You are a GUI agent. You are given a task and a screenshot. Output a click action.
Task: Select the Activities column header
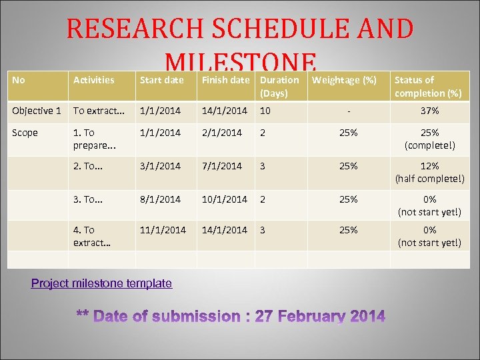pyautogui.click(x=93, y=80)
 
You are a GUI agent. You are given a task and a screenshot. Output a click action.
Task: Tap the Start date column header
pyautogui.click(x=161, y=80)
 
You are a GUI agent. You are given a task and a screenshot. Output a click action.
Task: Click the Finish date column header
pyautogui.click(x=225, y=80)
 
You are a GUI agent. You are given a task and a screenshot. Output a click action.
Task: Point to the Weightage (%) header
pyautogui.click(x=344, y=80)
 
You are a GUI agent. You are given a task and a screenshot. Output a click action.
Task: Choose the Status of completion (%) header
pyautogui.click(x=428, y=87)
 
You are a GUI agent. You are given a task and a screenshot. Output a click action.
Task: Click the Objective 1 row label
pyautogui.click(x=36, y=111)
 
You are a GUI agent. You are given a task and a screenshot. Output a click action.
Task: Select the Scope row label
pyautogui.click(x=25, y=133)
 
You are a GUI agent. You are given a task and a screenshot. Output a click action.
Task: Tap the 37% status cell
pyautogui.click(x=429, y=111)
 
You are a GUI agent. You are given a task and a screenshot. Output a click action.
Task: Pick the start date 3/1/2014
pyautogui.click(x=160, y=166)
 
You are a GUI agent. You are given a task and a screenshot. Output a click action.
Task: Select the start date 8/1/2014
pyautogui.click(x=160, y=199)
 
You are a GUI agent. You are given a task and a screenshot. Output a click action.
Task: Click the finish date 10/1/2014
pyautogui.click(x=224, y=199)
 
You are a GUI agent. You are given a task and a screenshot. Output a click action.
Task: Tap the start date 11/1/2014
pyautogui.click(x=163, y=230)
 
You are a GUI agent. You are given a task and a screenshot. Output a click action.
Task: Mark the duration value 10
pyautogui.click(x=265, y=111)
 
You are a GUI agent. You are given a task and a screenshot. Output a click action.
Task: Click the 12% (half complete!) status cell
pyautogui.click(x=429, y=172)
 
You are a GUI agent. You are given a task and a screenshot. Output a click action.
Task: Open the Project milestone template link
pyautogui.click(x=101, y=283)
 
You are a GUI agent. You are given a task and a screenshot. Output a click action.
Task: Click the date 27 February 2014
pyautogui.click(x=320, y=317)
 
